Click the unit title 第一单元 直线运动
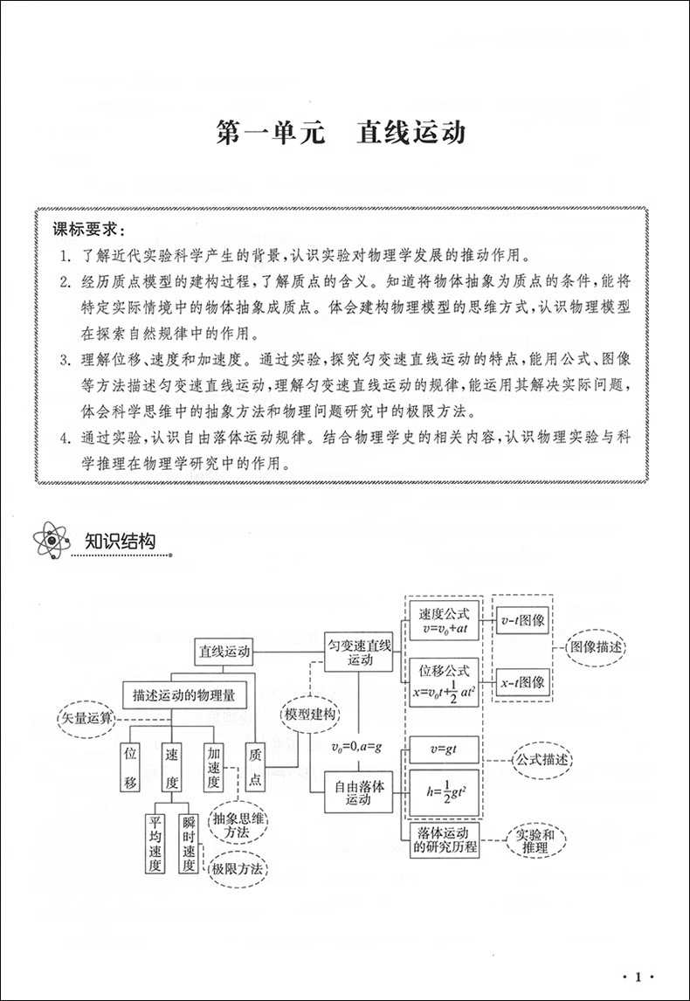point(341,134)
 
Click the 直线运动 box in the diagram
point(224,651)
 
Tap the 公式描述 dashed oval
point(542,760)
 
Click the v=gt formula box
point(444,749)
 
